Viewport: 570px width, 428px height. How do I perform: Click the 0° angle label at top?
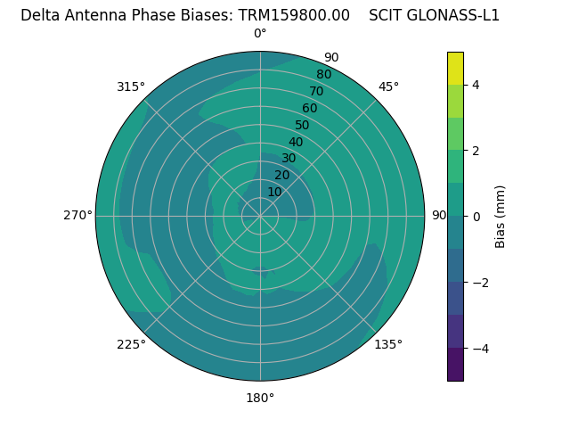pyautogui.click(x=260, y=34)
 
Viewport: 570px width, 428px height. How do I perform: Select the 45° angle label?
pyautogui.click(x=388, y=86)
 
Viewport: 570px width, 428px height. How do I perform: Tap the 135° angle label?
pyautogui.click(x=388, y=344)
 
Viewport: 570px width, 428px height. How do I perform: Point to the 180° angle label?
pyautogui.click(x=260, y=398)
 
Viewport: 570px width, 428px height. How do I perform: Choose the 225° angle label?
pyautogui.click(x=131, y=344)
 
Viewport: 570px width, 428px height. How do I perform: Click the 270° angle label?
pyautogui.click(x=78, y=215)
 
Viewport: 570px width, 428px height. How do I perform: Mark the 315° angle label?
pyautogui.click(x=131, y=86)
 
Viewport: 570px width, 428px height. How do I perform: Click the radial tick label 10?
pyautogui.click(x=274, y=192)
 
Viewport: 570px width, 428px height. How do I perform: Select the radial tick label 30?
pyautogui.click(x=289, y=159)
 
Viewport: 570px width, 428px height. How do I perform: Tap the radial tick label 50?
pyautogui.click(x=303, y=126)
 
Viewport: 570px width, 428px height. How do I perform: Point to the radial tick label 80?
pyautogui.click(x=323, y=75)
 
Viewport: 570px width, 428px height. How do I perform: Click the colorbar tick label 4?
pyautogui.click(x=476, y=85)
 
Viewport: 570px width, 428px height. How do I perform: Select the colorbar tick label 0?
pyautogui.click(x=476, y=217)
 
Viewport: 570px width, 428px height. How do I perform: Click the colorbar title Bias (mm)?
pyautogui.click(x=501, y=217)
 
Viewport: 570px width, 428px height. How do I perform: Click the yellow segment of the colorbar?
pyautogui.click(x=455, y=69)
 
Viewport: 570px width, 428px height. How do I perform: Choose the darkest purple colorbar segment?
pyautogui.click(x=455, y=364)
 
